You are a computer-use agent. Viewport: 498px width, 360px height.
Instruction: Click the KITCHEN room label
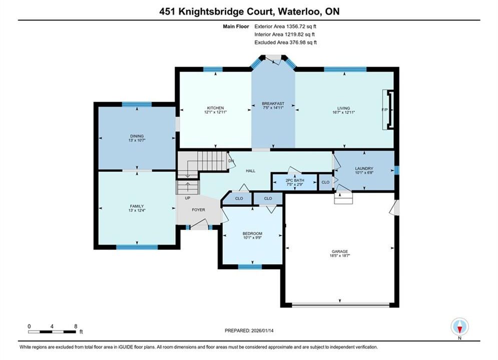click(215, 108)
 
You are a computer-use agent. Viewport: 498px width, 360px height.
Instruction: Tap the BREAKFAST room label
click(273, 103)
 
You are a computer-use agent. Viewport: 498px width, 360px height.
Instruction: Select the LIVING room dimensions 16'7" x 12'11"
click(343, 112)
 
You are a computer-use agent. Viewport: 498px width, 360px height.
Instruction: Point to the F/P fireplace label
click(384, 109)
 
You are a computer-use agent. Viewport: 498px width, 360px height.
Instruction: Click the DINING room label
click(137, 136)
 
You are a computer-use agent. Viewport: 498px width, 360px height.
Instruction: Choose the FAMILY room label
click(137, 206)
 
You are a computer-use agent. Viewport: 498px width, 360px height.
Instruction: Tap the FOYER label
click(199, 209)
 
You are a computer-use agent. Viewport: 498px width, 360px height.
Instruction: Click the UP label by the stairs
click(188, 198)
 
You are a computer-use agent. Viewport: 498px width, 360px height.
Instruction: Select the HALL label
click(251, 170)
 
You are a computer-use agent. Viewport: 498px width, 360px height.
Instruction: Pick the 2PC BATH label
click(295, 180)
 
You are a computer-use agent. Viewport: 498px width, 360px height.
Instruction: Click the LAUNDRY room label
click(364, 168)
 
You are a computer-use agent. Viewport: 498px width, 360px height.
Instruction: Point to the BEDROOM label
click(252, 233)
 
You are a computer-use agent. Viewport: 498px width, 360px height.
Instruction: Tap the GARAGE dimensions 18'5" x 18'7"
click(340, 255)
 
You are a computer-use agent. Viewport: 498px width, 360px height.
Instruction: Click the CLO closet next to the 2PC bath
click(325, 182)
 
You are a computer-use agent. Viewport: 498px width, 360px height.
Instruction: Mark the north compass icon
click(459, 326)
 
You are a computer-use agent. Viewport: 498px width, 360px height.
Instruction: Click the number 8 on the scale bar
click(76, 326)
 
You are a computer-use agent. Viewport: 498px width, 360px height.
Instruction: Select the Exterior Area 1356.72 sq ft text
click(285, 26)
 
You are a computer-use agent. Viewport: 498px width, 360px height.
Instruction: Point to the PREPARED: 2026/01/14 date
click(249, 330)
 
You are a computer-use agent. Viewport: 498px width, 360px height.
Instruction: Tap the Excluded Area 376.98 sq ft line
click(285, 42)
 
